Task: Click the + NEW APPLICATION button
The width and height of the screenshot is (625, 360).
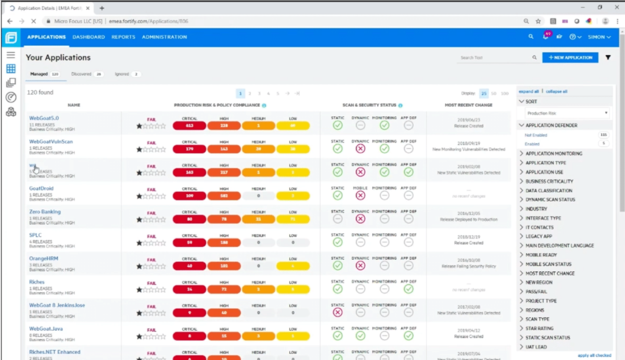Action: (570, 57)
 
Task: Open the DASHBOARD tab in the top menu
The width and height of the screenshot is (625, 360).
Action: (89, 37)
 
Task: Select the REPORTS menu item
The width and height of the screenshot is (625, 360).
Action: (123, 37)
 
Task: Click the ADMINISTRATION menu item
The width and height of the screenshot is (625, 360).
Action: (164, 37)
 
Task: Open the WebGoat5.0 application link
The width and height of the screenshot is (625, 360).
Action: (44, 118)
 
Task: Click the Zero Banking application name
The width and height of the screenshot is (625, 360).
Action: (45, 212)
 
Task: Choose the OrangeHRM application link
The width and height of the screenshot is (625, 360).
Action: (44, 259)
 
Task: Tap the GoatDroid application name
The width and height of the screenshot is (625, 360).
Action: (42, 189)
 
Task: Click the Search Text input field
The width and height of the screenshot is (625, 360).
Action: (494, 57)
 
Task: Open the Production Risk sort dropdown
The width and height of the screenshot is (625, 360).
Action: (567, 113)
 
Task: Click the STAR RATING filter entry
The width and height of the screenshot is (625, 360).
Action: (540, 328)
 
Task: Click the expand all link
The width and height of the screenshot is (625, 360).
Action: (529, 92)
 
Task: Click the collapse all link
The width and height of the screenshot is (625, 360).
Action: (556, 92)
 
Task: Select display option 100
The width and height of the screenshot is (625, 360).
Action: (504, 93)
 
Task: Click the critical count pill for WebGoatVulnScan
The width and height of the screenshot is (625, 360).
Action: (190, 149)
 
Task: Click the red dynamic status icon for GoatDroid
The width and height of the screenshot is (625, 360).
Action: (361, 195)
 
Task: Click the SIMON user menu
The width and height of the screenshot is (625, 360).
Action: (599, 37)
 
